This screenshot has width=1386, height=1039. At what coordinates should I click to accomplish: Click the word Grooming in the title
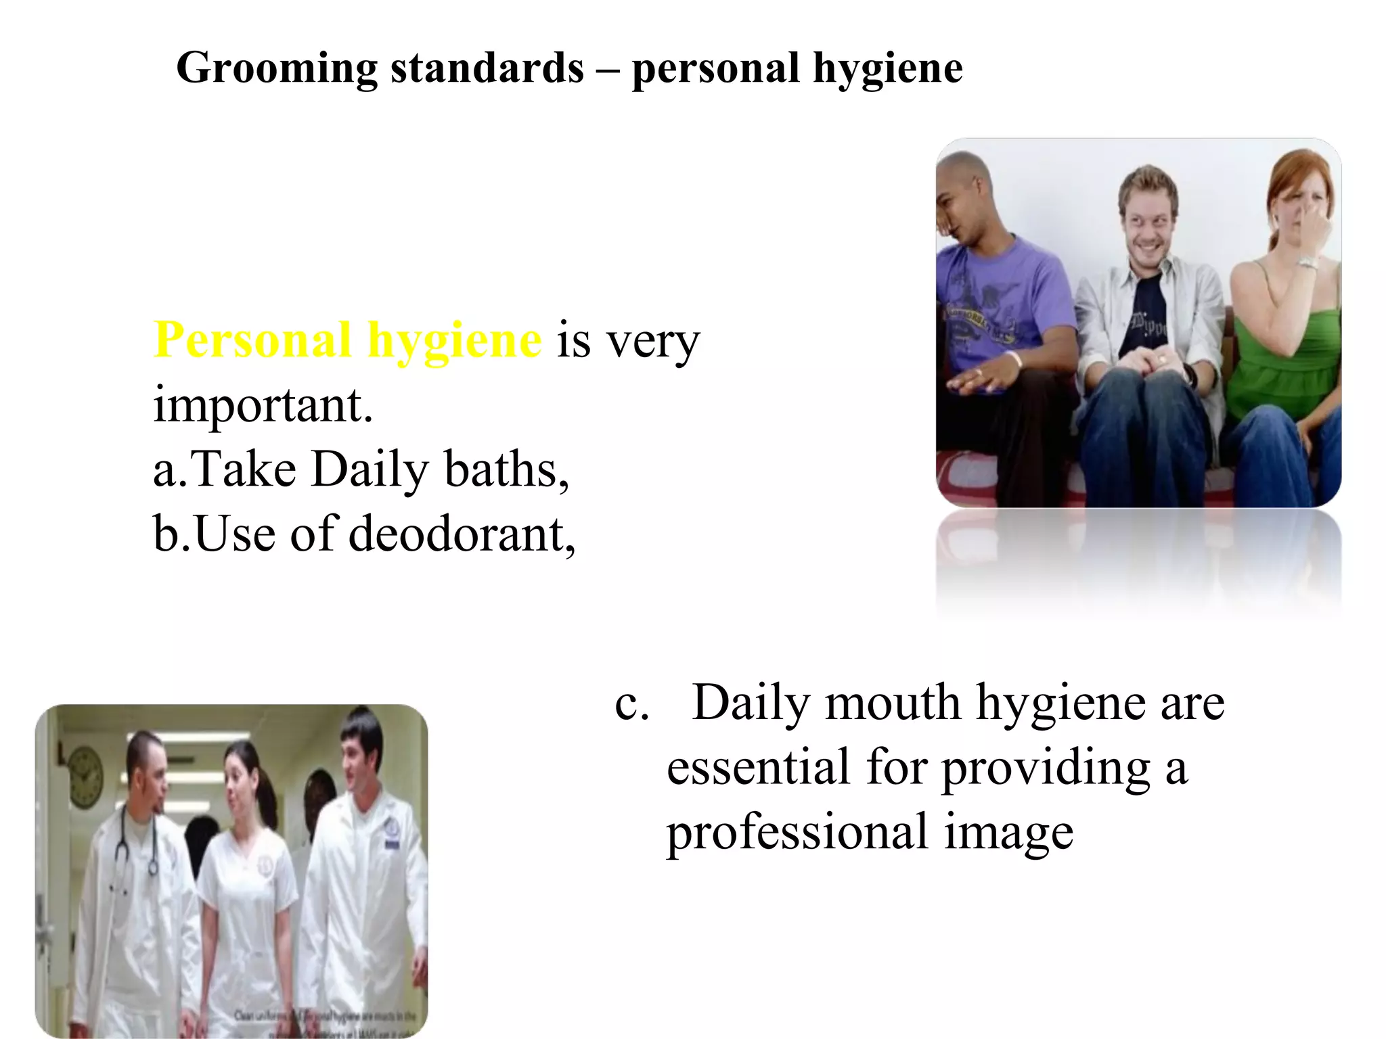tap(276, 69)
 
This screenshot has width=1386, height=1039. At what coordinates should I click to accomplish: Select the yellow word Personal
tap(252, 340)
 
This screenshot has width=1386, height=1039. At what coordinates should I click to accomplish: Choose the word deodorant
tap(462, 534)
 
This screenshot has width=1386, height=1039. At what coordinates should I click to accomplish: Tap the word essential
tap(758, 768)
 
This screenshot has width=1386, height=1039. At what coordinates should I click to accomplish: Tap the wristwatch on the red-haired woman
tap(1307, 262)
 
